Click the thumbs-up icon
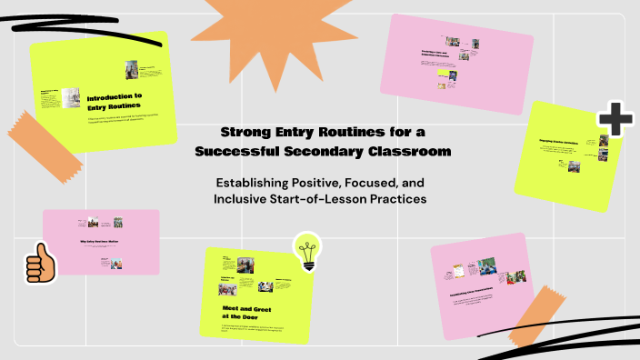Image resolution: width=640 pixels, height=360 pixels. pyautogui.click(x=39, y=265)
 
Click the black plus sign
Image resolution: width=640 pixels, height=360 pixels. pyautogui.click(x=615, y=120)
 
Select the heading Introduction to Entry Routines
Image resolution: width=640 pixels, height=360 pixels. pyautogui.click(x=115, y=101)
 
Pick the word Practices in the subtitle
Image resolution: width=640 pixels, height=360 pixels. pyautogui.click(x=396, y=198)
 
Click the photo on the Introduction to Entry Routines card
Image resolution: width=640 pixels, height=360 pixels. pyautogui.click(x=133, y=70)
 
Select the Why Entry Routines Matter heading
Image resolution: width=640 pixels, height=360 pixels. pyautogui.click(x=100, y=242)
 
